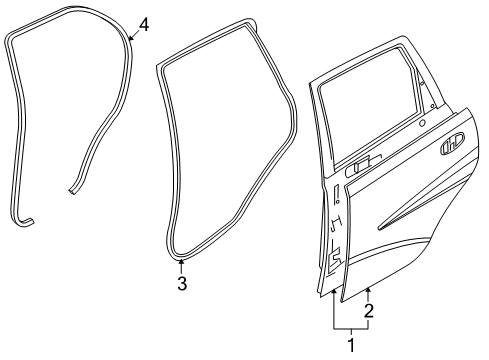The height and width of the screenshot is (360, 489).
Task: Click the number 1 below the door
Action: [351, 345]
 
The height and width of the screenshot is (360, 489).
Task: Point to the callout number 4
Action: [144, 23]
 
